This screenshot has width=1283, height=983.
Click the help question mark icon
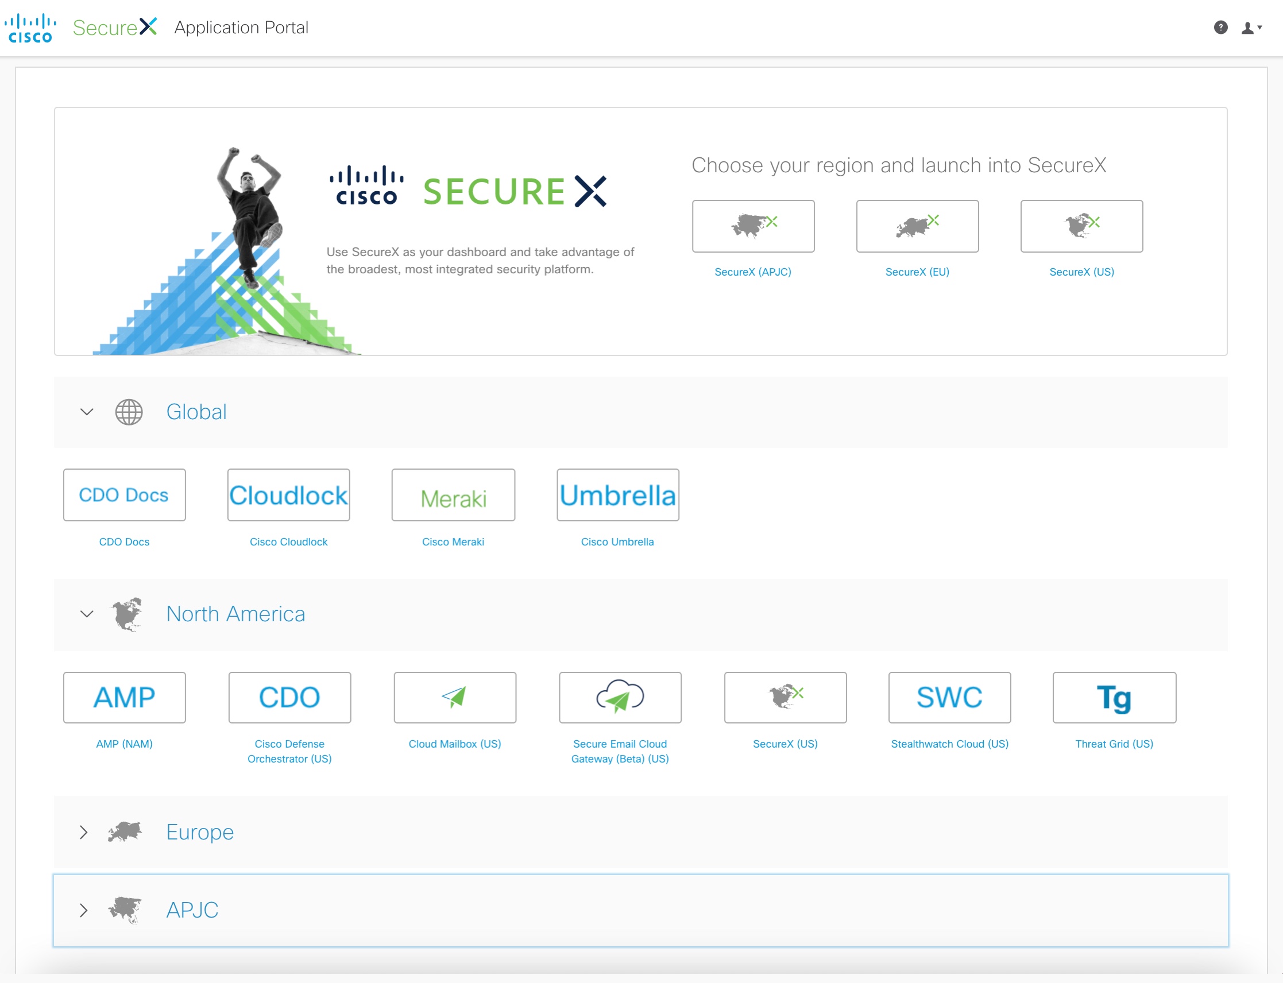[1220, 28]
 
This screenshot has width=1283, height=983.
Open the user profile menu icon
[1251, 28]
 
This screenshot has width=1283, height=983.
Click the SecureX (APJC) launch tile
[753, 226]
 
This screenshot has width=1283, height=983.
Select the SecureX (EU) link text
[917, 272]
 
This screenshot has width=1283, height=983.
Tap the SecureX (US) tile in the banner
[1081, 226]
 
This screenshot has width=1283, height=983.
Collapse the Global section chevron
[87, 412]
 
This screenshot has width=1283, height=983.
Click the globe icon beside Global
[129, 412]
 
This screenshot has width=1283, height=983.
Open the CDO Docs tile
[125, 495]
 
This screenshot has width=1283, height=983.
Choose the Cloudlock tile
[288, 495]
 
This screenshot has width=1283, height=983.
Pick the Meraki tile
[454, 495]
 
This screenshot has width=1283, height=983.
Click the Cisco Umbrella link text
[617, 543]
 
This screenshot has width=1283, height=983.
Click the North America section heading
[236, 614]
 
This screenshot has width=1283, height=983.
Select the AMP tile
[125, 698]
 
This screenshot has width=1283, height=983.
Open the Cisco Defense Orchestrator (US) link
[289, 752]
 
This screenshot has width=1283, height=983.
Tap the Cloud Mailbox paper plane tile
[455, 698]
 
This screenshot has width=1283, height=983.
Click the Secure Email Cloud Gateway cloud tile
[620, 698]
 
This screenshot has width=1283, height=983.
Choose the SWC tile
[950, 698]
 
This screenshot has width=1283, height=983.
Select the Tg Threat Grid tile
[1114, 698]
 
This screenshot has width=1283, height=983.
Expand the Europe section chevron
[84, 833]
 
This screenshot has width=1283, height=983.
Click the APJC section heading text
[192, 911]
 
